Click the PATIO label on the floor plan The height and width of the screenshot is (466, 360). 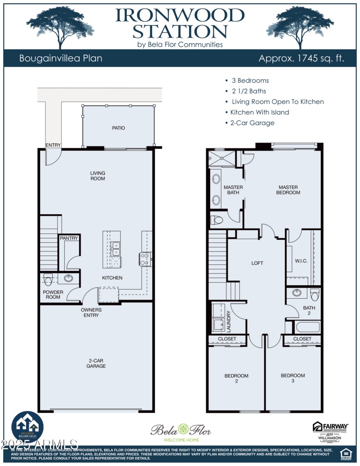pyautogui.click(x=118, y=128)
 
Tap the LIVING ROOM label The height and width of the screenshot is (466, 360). pyautogui.click(x=98, y=176)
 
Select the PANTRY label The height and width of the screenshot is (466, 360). pyautogui.click(x=69, y=238)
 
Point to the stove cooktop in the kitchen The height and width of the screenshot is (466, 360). pyautogui.click(x=145, y=259)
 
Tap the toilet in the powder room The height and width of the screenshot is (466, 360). pyautogui.click(x=49, y=278)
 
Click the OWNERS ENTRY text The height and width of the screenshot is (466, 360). pyautogui.click(x=91, y=313)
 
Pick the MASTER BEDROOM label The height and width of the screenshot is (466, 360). pyautogui.click(x=289, y=190)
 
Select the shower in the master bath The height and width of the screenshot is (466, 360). pyautogui.click(x=222, y=159)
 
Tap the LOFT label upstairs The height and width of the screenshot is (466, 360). pyautogui.click(x=257, y=263)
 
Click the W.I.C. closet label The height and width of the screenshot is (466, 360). pyautogui.click(x=301, y=261)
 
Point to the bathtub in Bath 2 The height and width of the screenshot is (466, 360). pyautogui.click(x=308, y=327)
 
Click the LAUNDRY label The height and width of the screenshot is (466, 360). pyautogui.click(x=229, y=321)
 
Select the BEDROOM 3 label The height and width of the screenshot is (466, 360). pyautogui.click(x=292, y=378)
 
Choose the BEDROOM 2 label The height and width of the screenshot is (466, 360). pyautogui.click(x=236, y=378)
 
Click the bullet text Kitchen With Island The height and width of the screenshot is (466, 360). pyautogui.click(x=259, y=112)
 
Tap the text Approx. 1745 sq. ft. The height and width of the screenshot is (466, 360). pyautogui.click(x=301, y=58)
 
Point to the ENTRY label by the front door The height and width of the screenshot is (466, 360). pyautogui.click(x=53, y=145)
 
